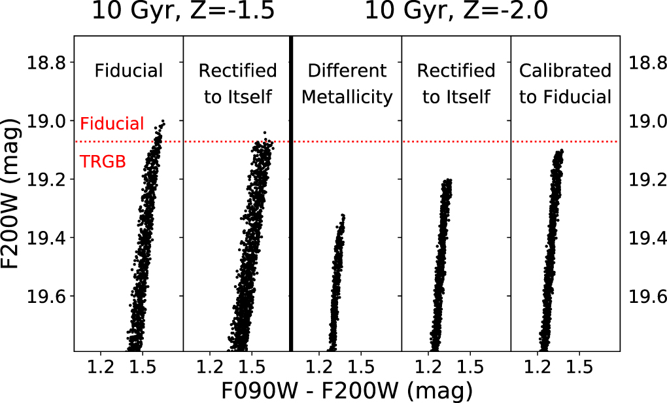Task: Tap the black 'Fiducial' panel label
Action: [x=128, y=71]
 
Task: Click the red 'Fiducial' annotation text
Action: [x=112, y=124]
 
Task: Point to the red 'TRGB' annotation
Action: [x=102, y=162]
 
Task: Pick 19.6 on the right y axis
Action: [x=647, y=296]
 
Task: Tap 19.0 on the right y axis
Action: [x=647, y=121]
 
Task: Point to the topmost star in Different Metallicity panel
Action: [x=343, y=215]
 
